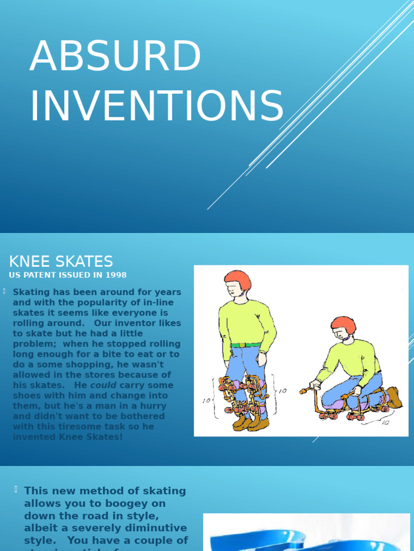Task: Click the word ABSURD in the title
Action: tap(115, 56)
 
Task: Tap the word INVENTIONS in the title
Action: tap(156, 106)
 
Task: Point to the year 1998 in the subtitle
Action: tap(116, 275)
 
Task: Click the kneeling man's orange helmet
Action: tap(343, 324)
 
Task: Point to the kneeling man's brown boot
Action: tap(394, 397)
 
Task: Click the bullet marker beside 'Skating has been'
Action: tap(4, 291)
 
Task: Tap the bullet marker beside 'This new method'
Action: tap(16, 489)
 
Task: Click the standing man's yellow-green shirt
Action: tap(245, 323)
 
